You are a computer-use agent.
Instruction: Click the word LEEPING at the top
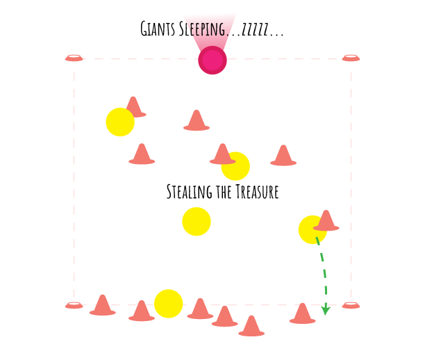point(206,30)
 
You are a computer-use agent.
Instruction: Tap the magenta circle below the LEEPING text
point(212,60)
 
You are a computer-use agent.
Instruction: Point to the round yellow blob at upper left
point(119,121)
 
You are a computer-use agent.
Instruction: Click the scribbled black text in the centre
point(222,193)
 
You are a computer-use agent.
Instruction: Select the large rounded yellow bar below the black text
point(243,227)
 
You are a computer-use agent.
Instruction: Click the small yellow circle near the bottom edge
point(169,304)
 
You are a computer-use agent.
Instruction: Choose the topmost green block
point(331,259)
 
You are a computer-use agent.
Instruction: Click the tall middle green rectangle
point(333,286)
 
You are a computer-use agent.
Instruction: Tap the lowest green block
point(331,314)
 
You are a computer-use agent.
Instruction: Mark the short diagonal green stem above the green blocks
point(318,243)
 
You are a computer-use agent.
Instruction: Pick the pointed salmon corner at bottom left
point(62,306)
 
